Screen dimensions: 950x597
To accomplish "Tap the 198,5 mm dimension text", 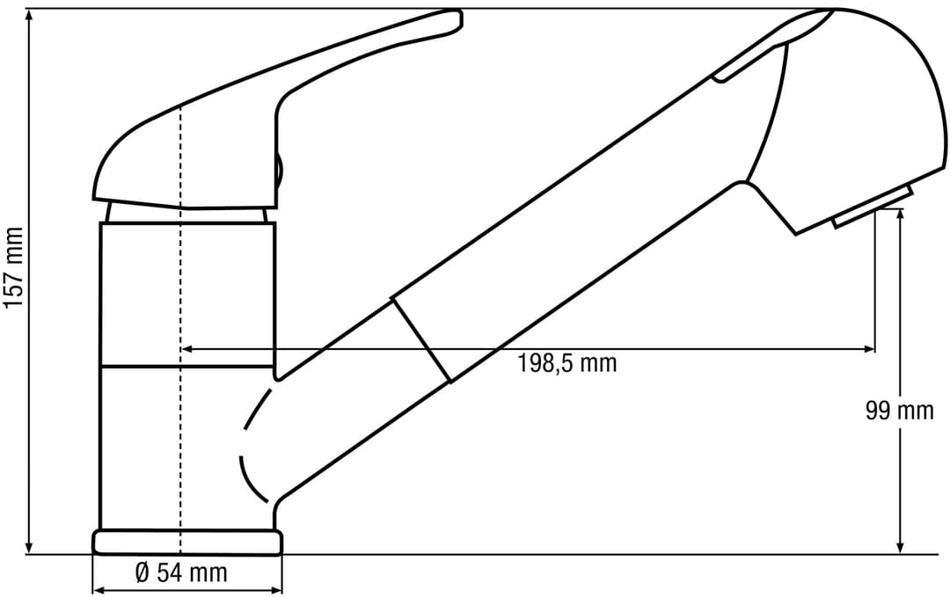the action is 567,363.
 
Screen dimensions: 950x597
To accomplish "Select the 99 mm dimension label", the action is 899,411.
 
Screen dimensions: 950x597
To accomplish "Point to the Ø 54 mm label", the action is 181,572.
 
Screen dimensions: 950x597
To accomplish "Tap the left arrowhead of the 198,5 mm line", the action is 188,349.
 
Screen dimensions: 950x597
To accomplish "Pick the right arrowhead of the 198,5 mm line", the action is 868,349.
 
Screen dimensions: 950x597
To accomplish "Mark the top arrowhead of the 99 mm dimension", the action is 901,215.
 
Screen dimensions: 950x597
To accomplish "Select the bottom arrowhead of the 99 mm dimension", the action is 901,547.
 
